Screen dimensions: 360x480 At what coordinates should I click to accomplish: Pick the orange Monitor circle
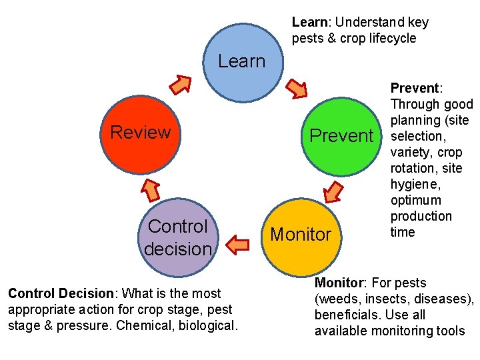(300, 235)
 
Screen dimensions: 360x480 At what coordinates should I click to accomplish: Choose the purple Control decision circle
(178, 237)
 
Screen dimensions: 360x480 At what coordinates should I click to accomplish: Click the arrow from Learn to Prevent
(297, 88)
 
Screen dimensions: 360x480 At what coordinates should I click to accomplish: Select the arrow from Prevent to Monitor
(333, 191)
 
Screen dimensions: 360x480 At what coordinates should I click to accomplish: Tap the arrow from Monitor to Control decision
(238, 245)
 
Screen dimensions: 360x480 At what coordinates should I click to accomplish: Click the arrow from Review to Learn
(180, 84)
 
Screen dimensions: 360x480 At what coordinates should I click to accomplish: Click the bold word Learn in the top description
(309, 22)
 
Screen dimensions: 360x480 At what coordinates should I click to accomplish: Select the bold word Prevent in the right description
(414, 88)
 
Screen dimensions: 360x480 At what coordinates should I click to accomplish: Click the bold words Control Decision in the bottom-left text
(61, 293)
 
